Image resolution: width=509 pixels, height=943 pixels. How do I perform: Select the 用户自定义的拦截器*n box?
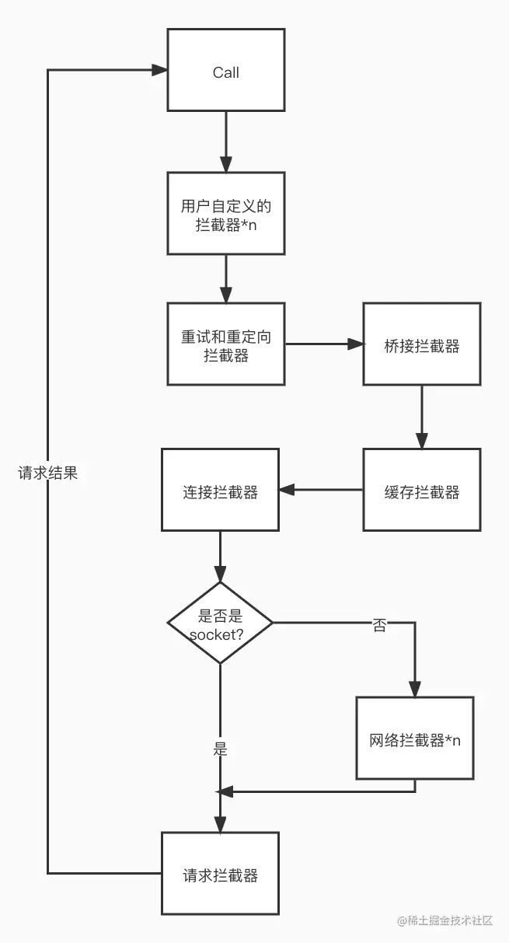coord(226,215)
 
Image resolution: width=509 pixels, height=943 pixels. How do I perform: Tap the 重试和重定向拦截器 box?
coord(226,344)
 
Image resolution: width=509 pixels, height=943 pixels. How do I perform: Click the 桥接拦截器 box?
coord(422,344)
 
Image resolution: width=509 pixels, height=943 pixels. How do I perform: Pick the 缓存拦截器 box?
coord(422,491)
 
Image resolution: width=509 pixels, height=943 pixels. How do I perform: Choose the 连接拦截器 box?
coord(220,491)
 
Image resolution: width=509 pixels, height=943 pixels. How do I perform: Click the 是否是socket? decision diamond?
coord(220,623)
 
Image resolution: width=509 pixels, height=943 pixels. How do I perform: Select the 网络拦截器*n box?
coord(415,739)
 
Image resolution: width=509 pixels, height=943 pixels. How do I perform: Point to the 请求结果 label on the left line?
coord(48,473)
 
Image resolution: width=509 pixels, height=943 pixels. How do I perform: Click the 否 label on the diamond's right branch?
coord(378,624)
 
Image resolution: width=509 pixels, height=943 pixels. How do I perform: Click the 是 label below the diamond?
coord(220,749)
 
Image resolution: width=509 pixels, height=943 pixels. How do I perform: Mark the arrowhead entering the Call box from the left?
coord(160,70)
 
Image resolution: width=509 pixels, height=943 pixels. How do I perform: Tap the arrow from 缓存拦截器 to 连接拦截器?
coord(320,490)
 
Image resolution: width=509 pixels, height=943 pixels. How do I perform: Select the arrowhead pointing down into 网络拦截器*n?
coord(415,689)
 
